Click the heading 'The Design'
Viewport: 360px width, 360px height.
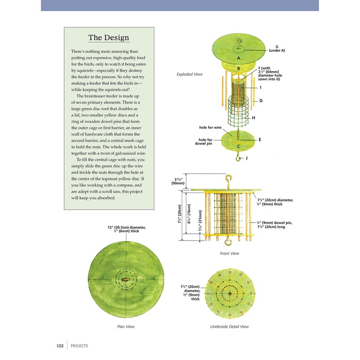(x=108, y=38)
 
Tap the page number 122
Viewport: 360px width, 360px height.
(x=59, y=346)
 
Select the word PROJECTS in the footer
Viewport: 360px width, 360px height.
(x=79, y=346)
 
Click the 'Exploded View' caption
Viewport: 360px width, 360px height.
(x=189, y=74)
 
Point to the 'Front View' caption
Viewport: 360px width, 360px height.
(x=229, y=253)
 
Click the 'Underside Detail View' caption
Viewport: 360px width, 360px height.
(x=229, y=326)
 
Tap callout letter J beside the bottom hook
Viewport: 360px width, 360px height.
(x=247, y=158)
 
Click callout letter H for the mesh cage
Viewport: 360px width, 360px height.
(x=254, y=118)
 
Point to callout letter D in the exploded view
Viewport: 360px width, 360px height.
(x=261, y=101)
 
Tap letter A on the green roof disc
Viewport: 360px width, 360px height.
(x=238, y=58)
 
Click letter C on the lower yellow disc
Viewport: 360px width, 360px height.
(x=238, y=146)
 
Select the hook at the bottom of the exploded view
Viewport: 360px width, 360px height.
(x=238, y=157)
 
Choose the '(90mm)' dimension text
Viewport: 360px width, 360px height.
(x=176, y=184)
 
